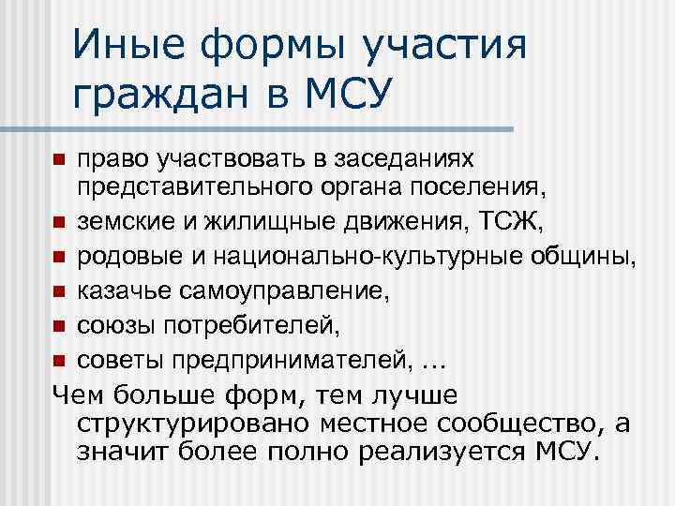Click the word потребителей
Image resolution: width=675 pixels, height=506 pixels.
coord(244,325)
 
